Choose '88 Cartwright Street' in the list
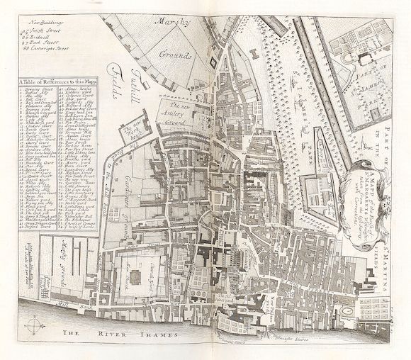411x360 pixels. click(48, 49)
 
